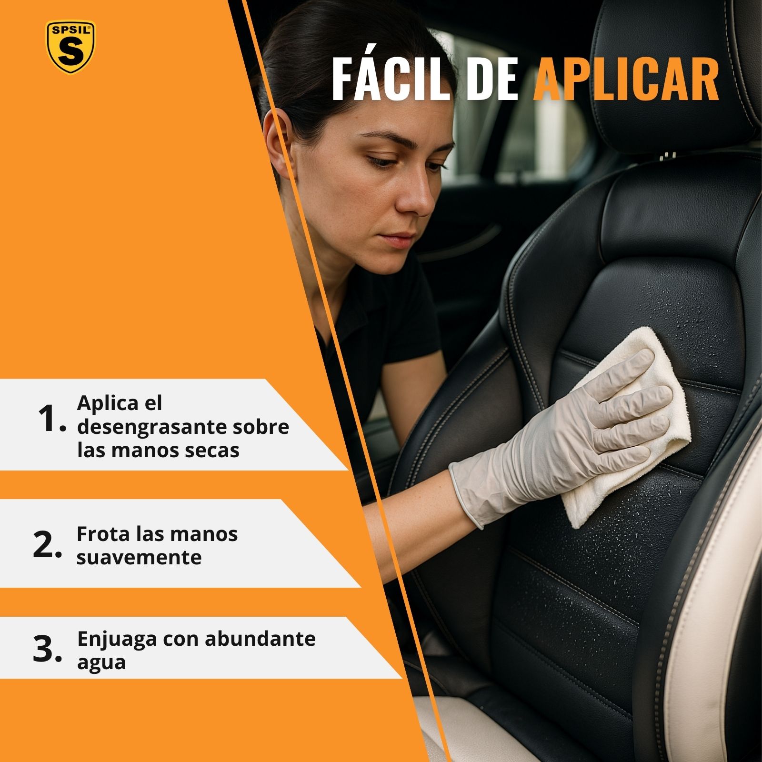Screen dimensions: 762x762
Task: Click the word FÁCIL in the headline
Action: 391,79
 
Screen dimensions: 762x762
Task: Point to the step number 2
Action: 47,545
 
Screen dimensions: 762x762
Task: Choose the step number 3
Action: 47,650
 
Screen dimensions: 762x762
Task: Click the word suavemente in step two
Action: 139,558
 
